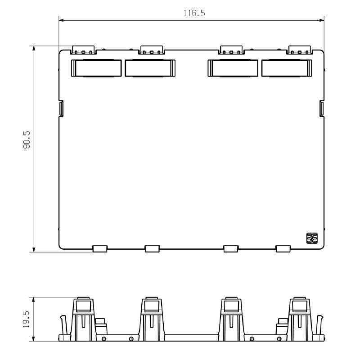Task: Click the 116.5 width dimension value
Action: tap(194, 13)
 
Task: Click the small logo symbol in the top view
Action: tap(312, 238)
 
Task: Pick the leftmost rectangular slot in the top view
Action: tap(96, 68)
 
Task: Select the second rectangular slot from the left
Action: tap(150, 68)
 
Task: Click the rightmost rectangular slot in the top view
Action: tap(287, 68)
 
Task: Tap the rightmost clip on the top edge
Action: tap(300, 49)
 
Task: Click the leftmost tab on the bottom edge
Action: tap(99, 248)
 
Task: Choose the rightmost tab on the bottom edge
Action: tap(283, 248)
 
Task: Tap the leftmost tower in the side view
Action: tap(83, 317)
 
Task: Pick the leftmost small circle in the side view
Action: tap(104, 338)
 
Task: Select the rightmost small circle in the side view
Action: tap(279, 338)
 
